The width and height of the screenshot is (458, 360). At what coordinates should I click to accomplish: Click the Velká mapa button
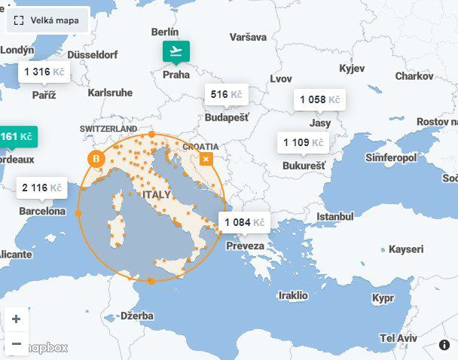(x=47, y=21)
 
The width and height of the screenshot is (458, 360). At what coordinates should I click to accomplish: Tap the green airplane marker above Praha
(x=176, y=51)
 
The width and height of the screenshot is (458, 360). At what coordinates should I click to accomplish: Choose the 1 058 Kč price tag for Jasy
(x=319, y=100)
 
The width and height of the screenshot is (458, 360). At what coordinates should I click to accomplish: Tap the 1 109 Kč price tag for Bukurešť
(x=304, y=142)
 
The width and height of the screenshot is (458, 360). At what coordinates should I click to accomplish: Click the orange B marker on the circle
(x=96, y=159)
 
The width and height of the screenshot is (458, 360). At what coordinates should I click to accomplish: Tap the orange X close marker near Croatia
(x=206, y=159)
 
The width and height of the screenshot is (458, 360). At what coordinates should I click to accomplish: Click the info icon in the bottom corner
(x=444, y=344)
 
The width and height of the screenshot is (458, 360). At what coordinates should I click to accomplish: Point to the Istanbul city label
(x=334, y=217)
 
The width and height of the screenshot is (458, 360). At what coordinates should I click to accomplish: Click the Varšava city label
(x=249, y=37)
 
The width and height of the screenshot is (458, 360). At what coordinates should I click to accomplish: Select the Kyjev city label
(x=352, y=69)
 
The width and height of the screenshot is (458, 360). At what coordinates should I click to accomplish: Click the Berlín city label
(x=165, y=32)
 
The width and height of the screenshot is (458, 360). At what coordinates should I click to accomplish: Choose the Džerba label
(x=136, y=316)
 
